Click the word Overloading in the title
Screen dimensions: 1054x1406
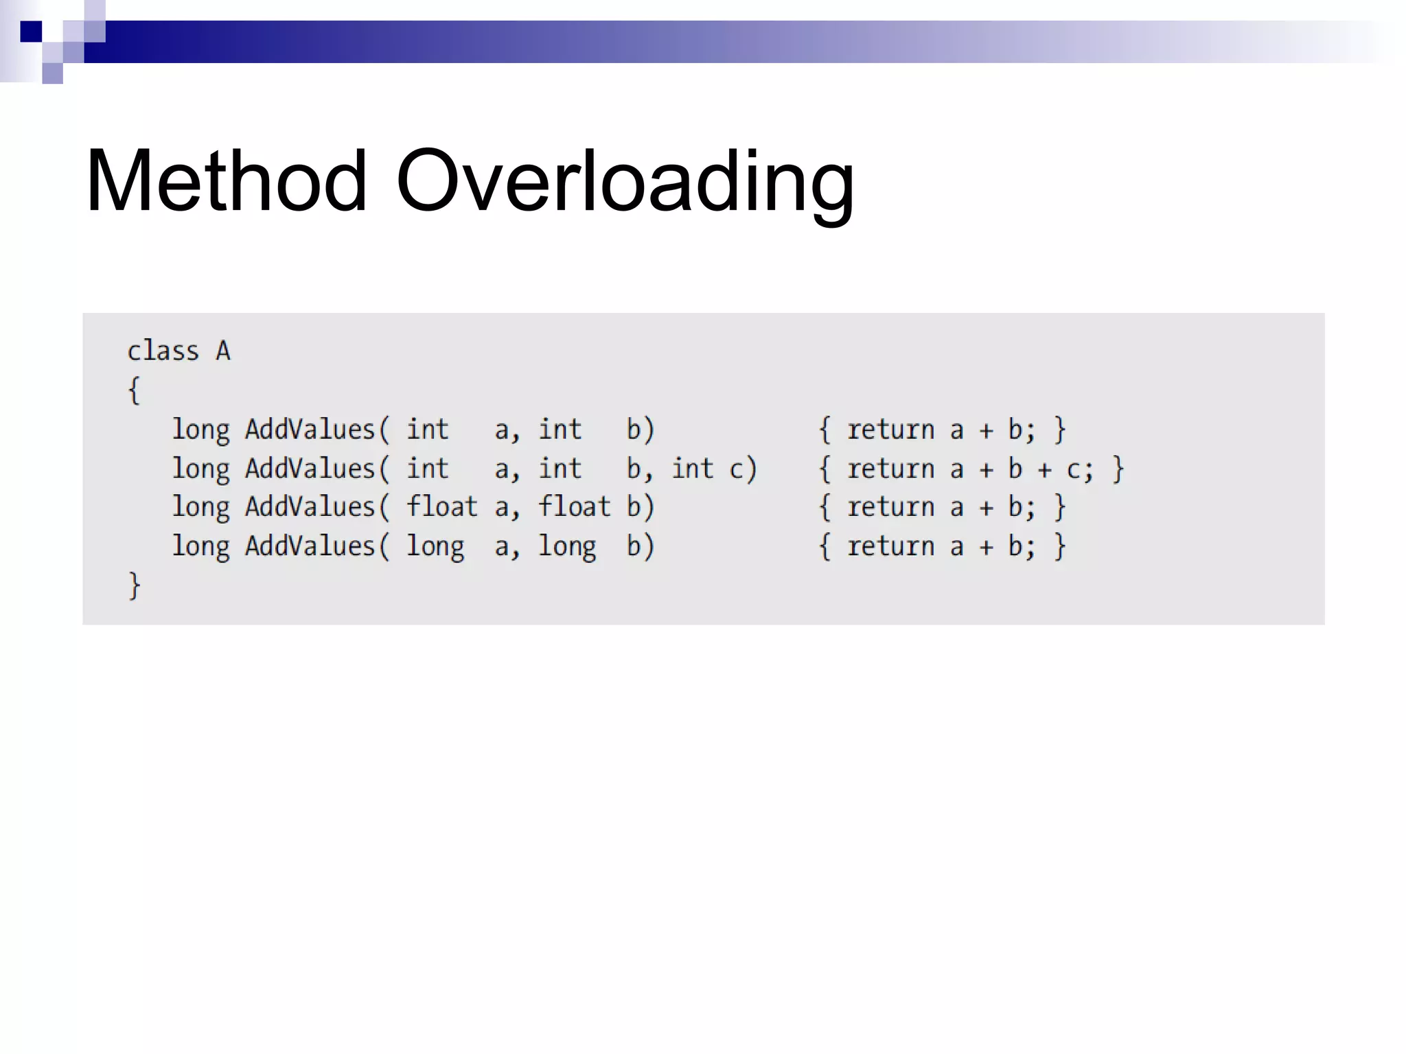(x=625, y=182)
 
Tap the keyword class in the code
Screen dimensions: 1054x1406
(x=163, y=351)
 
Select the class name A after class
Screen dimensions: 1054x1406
(x=223, y=351)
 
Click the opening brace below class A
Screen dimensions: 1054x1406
(x=135, y=390)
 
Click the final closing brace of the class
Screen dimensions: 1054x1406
(x=135, y=585)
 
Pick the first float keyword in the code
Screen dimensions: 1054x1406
(x=441, y=506)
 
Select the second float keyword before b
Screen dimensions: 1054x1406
(x=574, y=506)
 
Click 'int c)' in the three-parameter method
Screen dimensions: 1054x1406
(x=714, y=469)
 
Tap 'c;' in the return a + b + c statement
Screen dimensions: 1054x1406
(x=1079, y=469)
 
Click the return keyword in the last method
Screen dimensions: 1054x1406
(x=890, y=546)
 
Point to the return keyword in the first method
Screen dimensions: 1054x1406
(x=890, y=430)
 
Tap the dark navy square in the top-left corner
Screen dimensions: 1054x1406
(x=31, y=32)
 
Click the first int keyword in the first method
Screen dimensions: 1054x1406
(x=427, y=430)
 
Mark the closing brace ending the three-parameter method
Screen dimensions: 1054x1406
(x=1118, y=469)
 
